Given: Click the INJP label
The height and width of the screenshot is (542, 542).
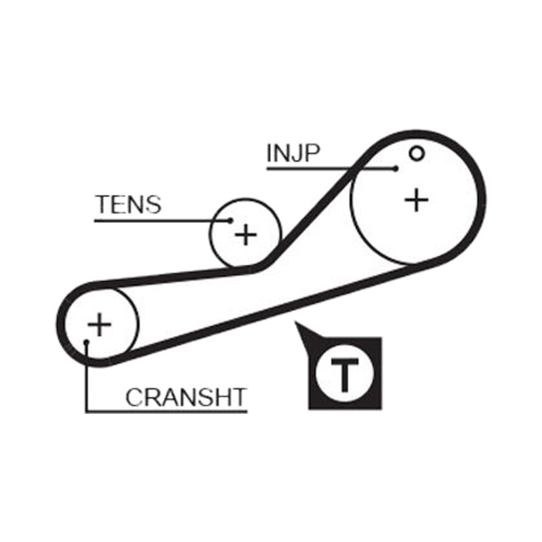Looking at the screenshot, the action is click(x=293, y=153).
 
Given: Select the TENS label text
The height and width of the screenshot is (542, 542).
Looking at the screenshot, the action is click(x=128, y=205).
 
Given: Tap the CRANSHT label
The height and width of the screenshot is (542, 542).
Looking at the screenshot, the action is click(x=186, y=398).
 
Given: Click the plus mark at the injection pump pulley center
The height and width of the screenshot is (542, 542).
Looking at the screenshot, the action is click(x=417, y=200).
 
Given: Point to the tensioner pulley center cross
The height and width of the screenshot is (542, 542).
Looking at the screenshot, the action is click(x=246, y=234).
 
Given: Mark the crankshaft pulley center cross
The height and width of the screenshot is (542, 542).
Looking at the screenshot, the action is click(x=100, y=325).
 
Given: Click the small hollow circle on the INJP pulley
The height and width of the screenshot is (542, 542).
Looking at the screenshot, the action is click(x=416, y=153).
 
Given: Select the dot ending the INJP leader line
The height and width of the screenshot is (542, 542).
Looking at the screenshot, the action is click(x=396, y=169).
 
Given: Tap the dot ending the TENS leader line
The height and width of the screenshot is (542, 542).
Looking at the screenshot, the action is click(x=230, y=220).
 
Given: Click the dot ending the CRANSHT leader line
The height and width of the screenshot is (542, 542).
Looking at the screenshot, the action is click(x=87, y=342).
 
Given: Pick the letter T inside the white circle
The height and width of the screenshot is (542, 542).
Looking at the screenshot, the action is click(x=345, y=375).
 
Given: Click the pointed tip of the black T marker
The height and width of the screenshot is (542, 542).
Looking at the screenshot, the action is click(x=295, y=322).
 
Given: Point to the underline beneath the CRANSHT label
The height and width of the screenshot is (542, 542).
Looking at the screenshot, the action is click(x=167, y=412).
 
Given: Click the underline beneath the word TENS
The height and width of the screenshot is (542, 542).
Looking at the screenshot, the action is click(x=163, y=220).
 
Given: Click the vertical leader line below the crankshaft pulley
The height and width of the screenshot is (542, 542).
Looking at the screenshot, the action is click(x=87, y=377).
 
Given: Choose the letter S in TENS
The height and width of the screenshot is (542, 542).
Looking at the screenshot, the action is click(x=152, y=205).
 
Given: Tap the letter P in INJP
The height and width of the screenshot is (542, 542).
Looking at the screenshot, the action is click(x=312, y=154).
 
